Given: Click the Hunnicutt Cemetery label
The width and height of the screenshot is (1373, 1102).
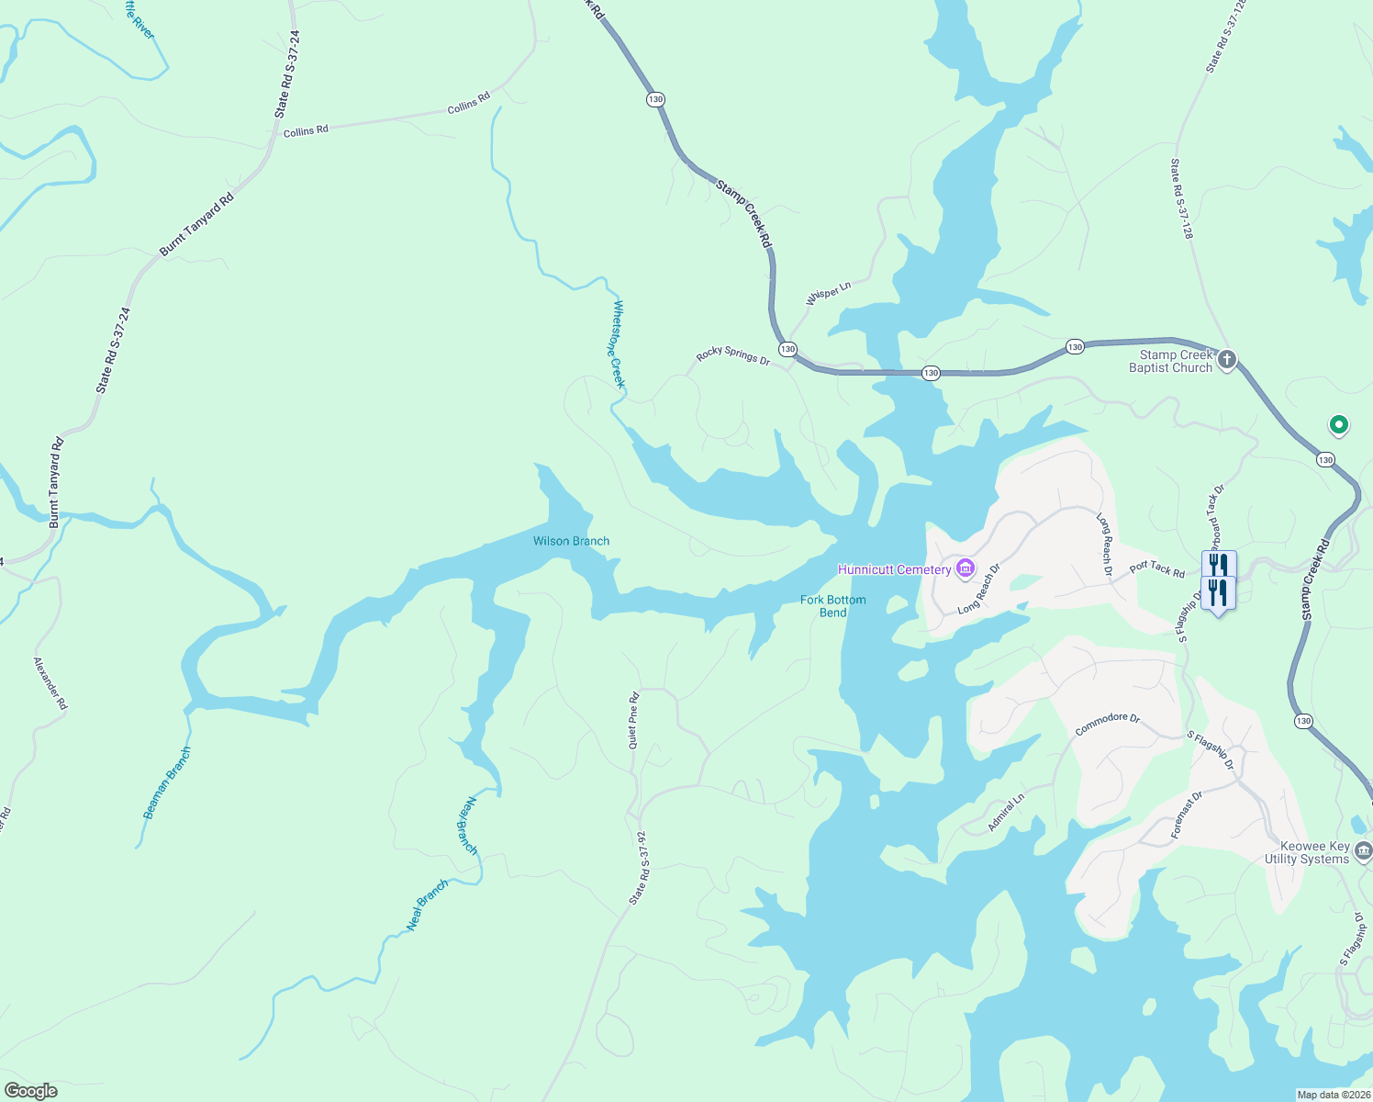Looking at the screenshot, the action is pyautogui.click(x=894, y=570).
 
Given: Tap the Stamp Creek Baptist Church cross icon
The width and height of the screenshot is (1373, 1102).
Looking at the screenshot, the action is pyautogui.click(x=1228, y=359).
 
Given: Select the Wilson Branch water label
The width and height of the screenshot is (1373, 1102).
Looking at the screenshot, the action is pyautogui.click(x=571, y=542).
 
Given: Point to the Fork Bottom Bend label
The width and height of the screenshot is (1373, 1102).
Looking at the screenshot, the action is pyautogui.click(x=832, y=606).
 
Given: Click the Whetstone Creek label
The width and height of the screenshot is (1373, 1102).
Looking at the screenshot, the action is pyautogui.click(x=617, y=344).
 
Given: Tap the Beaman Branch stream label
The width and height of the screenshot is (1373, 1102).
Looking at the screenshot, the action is pyautogui.click(x=168, y=783).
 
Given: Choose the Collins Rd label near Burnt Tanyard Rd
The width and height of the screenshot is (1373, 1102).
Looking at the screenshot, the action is pyautogui.click(x=306, y=131).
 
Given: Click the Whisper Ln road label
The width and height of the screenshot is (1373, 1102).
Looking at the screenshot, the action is pyautogui.click(x=828, y=293).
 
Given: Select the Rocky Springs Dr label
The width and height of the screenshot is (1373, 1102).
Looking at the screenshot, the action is pyautogui.click(x=733, y=355).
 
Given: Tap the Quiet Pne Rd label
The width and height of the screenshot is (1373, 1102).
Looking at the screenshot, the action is pyautogui.click(x=633, y=721).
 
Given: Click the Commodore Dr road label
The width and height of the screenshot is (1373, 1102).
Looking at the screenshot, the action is pyautogui.click(x=1107, y=724).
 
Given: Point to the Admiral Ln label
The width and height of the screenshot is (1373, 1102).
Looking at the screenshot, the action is pyautogui.click(x=1006, y=814).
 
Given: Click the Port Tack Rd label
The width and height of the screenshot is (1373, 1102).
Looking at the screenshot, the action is pyautogui.click(x=1156, y=569).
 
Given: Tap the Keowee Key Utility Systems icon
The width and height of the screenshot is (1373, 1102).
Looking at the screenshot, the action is pyautogui.click(x=1363, y=852).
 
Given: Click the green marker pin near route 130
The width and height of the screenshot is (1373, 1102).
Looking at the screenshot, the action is pyautogui.click(x=1338, y=425).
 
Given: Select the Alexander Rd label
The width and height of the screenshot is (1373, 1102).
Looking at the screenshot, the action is pyautogui.click(x=50, y=683).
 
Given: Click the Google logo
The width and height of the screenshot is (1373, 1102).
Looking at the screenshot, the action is pyautogui.click(x=31, y=1091).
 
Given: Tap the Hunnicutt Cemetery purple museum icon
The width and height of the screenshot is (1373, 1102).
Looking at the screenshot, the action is pyautogui.click(x=965, y=570).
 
